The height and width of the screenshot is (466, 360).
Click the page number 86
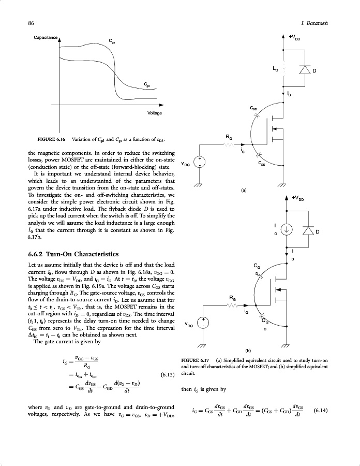(x=31, y=23)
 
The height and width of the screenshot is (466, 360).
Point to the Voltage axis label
(x=155, y=113)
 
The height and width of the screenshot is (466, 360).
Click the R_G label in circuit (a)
(x=229, y=137)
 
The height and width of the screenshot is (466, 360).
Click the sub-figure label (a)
(x=243, y=191)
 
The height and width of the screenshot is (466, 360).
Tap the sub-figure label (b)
(x=243, y=351)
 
